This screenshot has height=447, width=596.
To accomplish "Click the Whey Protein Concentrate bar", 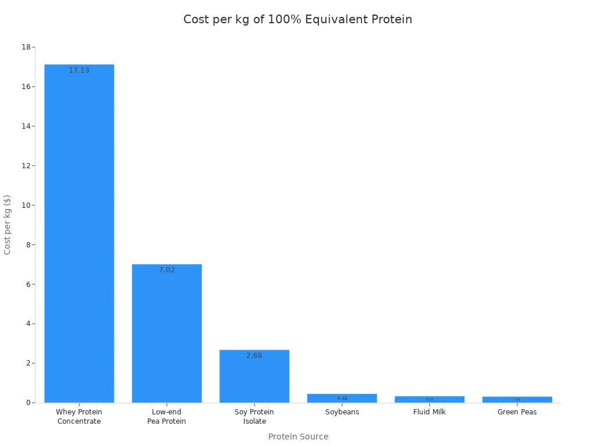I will (79, 233).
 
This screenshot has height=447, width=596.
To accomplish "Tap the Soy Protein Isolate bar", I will (254, 378).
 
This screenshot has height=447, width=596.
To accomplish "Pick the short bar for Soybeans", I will (342, 398).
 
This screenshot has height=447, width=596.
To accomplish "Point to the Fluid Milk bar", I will (430, 399).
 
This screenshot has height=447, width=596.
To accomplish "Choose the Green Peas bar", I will (517, 400).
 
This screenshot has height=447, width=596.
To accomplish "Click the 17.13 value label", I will (79, 70).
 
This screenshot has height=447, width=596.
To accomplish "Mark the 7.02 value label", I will (166, 270).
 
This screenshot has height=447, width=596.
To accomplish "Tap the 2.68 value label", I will (254, 356).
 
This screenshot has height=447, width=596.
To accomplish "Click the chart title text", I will (297, 19).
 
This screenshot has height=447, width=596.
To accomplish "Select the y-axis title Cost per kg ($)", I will (8, 224).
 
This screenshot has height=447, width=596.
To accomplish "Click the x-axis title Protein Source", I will (298, 437).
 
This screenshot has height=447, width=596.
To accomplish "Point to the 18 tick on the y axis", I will (26, 47).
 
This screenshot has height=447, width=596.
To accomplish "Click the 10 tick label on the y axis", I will (26, 205).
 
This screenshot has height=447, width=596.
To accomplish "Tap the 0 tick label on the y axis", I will (28, 403).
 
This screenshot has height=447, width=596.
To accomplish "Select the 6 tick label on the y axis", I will (28, 284).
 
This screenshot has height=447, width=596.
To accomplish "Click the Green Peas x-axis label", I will (517, 412).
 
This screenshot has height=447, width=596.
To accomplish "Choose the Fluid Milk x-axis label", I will (430, 412).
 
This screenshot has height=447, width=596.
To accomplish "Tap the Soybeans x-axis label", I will (342, 412).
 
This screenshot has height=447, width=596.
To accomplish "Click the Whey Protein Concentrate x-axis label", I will (79, 417).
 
